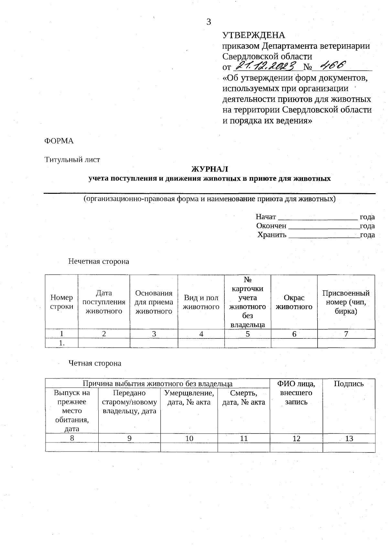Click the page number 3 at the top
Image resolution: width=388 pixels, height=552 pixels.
click(x=209, y=22)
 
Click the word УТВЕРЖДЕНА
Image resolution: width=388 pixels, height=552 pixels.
click(x=254, y=35)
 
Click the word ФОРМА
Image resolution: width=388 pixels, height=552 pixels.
click(x=59, y=141)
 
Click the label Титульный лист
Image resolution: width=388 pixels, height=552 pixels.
click(x=72, y=160)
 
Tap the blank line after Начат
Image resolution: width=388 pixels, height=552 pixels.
click(x=318, y=217)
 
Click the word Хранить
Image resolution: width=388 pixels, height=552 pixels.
click(x=272, y=235)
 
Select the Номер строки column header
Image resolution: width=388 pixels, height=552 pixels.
click(x=61, y=302)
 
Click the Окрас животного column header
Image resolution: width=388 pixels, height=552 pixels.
click(x=294, y=302)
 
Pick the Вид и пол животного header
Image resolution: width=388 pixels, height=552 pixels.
click(x=201, y=302)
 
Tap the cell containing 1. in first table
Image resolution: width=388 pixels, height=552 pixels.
click(x=61, y=343)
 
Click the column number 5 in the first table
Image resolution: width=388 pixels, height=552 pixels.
click(x=248, y=334)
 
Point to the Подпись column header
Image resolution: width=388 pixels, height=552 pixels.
click(x=349, y=384)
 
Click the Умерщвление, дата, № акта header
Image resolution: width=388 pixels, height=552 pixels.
click(x=189, y=398)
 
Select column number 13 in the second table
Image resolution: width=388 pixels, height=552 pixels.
click(x=349, y=438)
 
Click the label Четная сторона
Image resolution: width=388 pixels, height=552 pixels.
click(x=95, y=363)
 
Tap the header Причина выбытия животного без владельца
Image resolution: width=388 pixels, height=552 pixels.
click(x=157, y=384)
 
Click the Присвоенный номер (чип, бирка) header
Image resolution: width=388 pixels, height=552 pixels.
click(x=346, y=302)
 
